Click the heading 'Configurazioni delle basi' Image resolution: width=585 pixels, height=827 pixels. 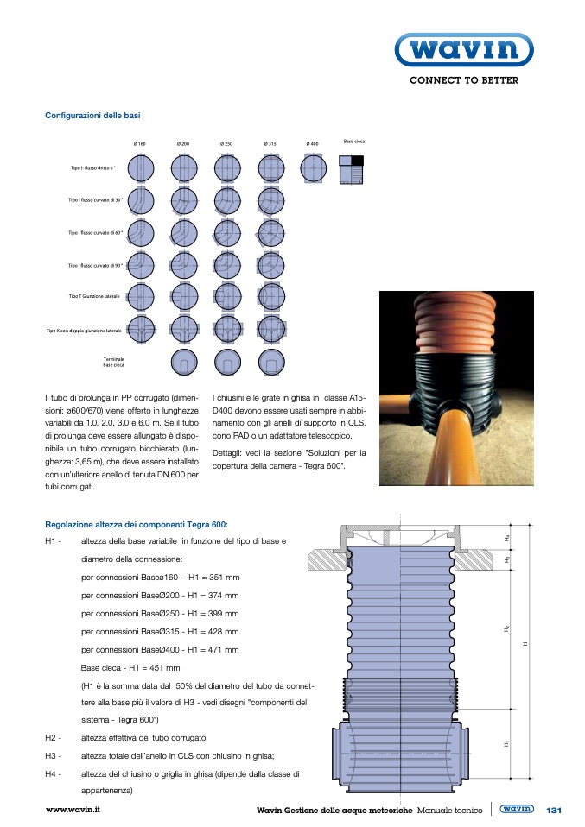coord(92,115)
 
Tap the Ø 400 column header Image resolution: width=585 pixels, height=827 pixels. coord(312,143)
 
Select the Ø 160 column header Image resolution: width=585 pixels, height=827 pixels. coord(139,143)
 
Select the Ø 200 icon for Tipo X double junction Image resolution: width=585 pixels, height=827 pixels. coord(184,329)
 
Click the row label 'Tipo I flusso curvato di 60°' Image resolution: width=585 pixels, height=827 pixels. coord(96,232)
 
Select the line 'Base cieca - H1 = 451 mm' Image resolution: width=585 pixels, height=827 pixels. coord(130,667)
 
